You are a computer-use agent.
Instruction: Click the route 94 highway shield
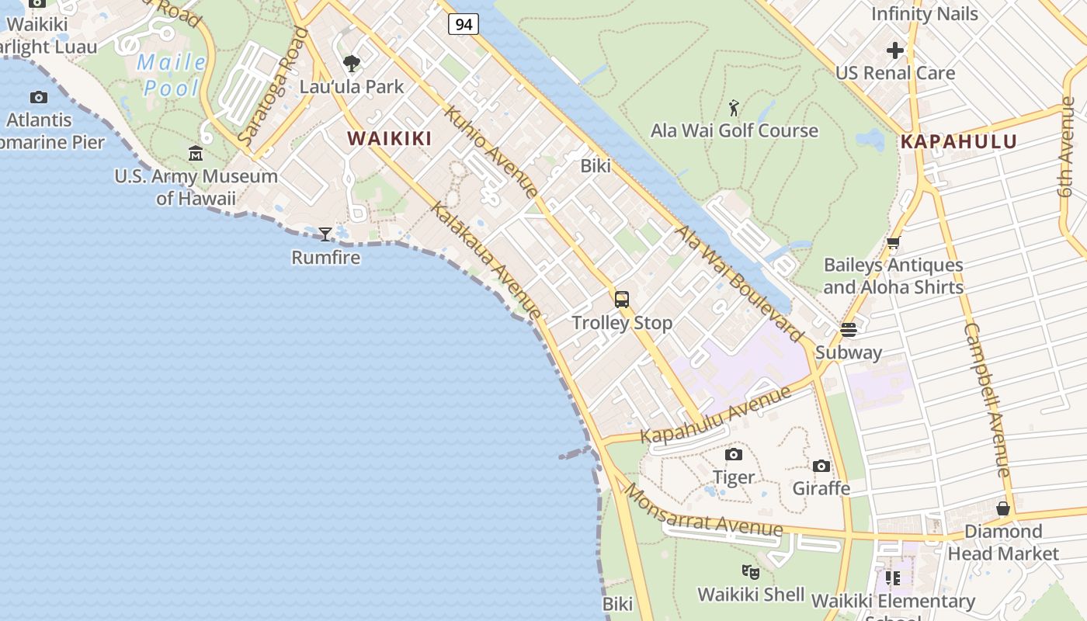463,24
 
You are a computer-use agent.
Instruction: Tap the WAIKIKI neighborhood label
389,138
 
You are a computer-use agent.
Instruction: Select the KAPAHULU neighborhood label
959,142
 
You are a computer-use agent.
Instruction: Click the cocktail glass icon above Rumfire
325,234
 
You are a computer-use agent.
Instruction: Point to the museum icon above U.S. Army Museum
196,153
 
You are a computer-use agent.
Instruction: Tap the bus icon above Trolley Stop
622,299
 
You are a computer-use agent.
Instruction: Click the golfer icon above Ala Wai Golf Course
734,108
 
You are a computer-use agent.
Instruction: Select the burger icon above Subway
849,329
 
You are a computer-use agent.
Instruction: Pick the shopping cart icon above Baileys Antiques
894,242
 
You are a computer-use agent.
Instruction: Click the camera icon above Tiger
733,454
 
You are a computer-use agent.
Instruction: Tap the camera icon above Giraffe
821,466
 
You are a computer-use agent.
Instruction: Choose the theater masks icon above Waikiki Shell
750,572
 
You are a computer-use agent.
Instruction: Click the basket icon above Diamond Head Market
1003,508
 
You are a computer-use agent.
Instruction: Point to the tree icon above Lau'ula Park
352,63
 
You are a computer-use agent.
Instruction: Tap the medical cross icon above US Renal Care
895,50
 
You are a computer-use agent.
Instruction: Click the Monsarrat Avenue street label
703,512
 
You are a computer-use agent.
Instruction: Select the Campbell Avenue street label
987,399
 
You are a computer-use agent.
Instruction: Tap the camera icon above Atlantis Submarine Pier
38,97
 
